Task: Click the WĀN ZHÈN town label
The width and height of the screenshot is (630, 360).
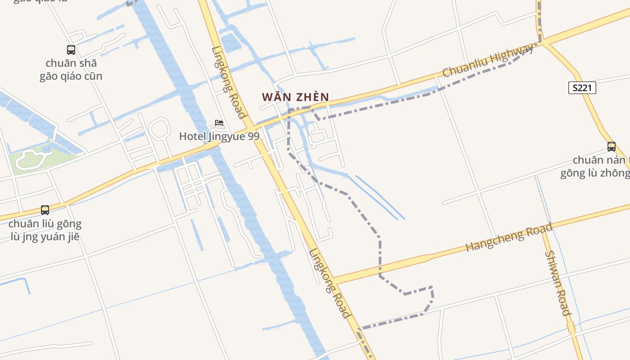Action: click(295, 97)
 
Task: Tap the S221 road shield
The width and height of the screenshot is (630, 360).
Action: click(582, 88)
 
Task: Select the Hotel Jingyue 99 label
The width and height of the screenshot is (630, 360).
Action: click(219, 136)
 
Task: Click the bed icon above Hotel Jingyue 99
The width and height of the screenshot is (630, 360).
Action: click(219, 122)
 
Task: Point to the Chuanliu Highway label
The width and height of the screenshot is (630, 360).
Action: click(488, 60)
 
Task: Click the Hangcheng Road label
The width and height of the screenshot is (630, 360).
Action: click(508, 238)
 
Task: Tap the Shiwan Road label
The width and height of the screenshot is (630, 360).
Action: click(558, 283)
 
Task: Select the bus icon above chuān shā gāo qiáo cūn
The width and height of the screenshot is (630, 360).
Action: click(71, 50)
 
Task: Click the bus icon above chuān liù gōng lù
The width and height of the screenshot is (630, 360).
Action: click(45, 210)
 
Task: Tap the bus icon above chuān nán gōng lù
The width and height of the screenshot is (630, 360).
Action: click(611, 146)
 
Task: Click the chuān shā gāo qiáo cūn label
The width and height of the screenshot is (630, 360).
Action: click(71, 70)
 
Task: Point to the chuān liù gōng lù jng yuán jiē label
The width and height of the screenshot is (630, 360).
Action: click(45, 230)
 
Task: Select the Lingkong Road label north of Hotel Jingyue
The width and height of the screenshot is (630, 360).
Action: click(229, 82)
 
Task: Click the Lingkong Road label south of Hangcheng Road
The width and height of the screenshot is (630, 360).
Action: click(329, 283)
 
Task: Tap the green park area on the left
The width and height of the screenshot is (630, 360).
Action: click(34, 158)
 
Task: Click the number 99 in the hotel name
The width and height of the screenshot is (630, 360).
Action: click(253, 136)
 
